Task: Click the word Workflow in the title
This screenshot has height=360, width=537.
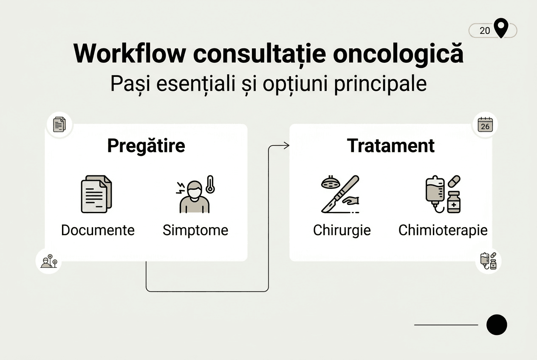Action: (130, 54)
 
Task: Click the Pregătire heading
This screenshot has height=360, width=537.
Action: (146, 146)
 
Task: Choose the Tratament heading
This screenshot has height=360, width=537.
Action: (391, 146)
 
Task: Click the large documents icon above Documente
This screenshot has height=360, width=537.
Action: (96, 194)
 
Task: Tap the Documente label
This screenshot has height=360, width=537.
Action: (98, 230)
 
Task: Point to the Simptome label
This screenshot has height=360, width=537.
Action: (195, 230)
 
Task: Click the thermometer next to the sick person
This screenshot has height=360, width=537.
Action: (209, 185)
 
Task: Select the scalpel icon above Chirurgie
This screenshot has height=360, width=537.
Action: (340, 194)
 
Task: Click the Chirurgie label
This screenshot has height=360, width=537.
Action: (342, 230)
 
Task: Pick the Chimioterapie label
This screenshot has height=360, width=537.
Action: (443, 230)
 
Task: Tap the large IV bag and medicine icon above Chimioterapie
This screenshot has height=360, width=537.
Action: (443, 194)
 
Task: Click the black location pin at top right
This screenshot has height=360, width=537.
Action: (502, 28)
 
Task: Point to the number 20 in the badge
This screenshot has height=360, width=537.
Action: (485, 31)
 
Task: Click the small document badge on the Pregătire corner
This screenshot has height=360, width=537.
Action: (59, 125)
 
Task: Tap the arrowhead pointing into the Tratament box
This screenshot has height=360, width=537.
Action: (287, 146)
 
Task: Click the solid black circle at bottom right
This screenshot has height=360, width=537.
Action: (497, 325)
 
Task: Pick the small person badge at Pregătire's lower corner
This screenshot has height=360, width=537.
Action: (49, 261)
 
